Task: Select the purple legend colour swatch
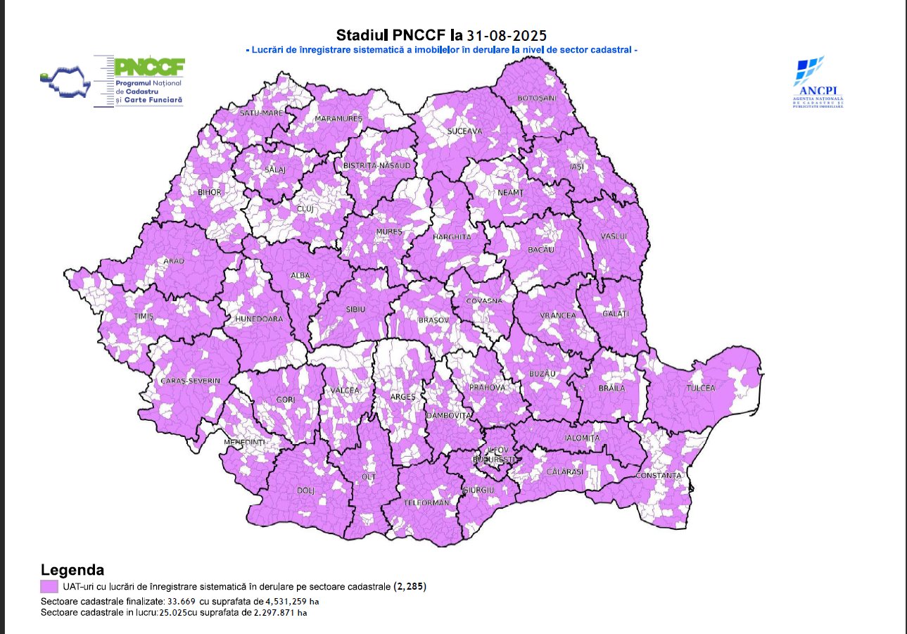coord(49,586)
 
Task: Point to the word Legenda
coord(73,570)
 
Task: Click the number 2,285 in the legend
coord(410,586)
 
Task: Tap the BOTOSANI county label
coord(536,98)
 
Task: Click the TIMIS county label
coord(144,317)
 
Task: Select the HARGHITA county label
coord(452,237)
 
